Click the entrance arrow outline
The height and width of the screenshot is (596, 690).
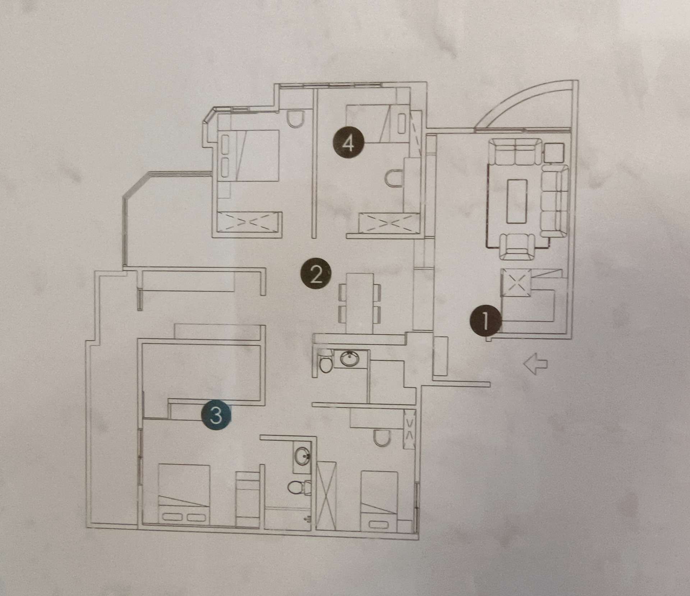pyautogui.click(x=535, y=364)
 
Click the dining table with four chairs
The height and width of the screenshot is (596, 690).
pyautogui.click(x=359, y=303)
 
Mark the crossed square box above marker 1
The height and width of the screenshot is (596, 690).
pyautogui.click(x=516, y=283)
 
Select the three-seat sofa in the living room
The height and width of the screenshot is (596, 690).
pyautogui.click(x=555, y=201)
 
